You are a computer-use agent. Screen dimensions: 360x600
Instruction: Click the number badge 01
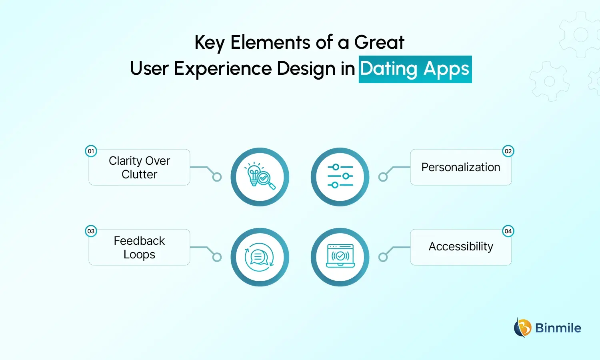[x=91, y=151]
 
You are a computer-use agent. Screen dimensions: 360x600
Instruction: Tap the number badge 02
[x=508, y=151]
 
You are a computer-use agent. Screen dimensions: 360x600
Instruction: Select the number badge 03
[x=91, y=231]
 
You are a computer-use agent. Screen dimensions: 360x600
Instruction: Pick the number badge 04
[x=508, y=231]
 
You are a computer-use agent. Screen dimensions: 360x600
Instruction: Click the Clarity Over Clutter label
[x=139, y=168]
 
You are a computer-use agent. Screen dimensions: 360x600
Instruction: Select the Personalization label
[x=461, y=167]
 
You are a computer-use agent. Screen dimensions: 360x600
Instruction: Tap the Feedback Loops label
[x=139, y=248]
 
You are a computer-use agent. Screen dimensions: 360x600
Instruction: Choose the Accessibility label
[x=461, y=247]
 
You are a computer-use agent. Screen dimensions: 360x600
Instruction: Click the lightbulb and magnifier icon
[x=260, y=177]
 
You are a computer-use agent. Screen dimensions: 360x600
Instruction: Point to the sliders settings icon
[x=340, y=177]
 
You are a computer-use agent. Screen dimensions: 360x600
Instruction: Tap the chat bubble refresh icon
[x=260, y=257]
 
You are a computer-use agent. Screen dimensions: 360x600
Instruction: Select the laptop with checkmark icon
[x=340, y=257]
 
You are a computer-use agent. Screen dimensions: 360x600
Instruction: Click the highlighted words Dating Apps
[x=415, y=69]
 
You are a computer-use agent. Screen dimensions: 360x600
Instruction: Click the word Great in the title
[x=379, y=42]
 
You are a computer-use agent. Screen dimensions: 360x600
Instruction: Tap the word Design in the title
[x=306, y=68]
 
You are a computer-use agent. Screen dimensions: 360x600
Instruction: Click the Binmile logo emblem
[x=522, y=328]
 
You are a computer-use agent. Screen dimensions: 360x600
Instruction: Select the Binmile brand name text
[x=558, y=328]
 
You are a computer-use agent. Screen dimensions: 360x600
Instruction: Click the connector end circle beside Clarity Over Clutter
[x=217, y=177]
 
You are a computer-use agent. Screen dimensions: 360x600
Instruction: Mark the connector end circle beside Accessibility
[x=383, y=257]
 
